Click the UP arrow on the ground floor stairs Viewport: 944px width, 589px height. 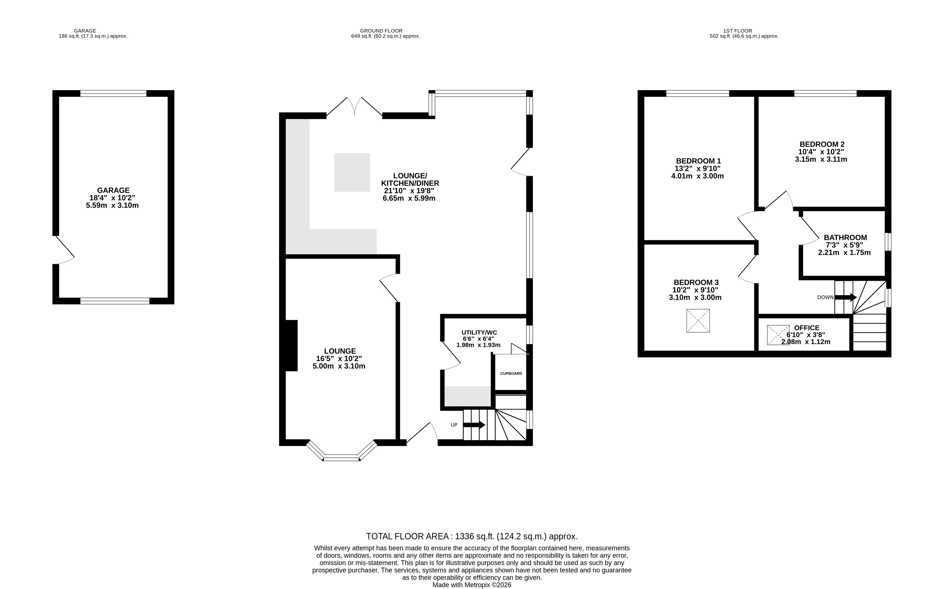[x=474, y=425]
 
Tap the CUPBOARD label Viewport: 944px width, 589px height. [x=511, y=373]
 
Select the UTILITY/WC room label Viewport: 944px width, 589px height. [x=479, y=332]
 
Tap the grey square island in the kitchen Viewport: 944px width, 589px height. [x=352, y=172]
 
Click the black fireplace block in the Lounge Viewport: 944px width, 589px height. [x=292, y=345]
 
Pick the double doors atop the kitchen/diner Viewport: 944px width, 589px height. [x=354, y=106]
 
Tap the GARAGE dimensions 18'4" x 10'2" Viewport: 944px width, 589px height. [x=112, y=198]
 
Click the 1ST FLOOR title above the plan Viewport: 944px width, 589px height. [x=738, y=31]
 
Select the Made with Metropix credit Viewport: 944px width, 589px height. [x=472, y=585]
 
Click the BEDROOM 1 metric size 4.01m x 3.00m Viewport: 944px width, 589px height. [x=697, y=176]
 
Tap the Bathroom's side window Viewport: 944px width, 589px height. [x=888, y=242]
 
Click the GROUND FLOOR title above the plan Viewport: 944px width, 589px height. [x=381, y=31]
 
